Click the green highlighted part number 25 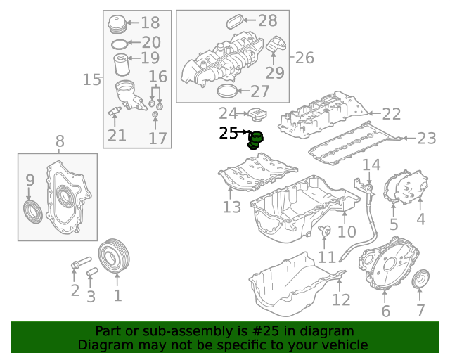click(255, 141)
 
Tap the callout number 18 click(150, 22)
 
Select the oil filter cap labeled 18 click(117, 25)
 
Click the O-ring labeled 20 click(120, 44)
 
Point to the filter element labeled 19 click(122, 65)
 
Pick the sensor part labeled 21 click(114, 111)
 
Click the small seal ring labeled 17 click(155, 115)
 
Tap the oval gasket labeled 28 click(234, 22)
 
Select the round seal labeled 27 click(227, 91)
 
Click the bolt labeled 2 click(82, 263)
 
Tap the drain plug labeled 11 click(325, 231)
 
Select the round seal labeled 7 click(420, 278)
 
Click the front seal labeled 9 click(33, 212)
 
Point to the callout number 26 click(304, 58)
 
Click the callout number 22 click(392, 114)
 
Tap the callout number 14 click(371, 165)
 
